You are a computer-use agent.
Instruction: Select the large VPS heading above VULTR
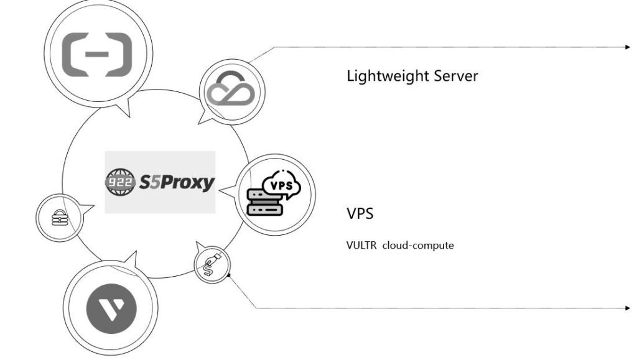(360, 214)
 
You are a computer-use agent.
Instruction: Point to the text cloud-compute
(418, 245)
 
